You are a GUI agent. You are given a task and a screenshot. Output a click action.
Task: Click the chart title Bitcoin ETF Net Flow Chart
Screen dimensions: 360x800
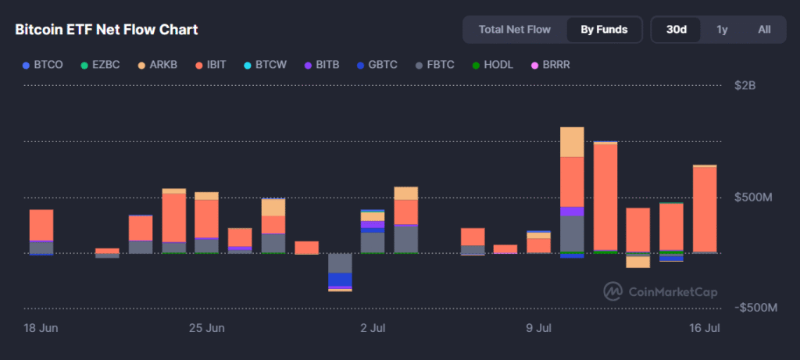(x=106, y=30)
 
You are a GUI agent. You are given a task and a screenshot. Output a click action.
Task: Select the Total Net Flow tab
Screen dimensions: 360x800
(x=514, y=30)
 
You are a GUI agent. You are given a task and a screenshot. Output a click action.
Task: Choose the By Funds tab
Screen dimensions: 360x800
(x=604, y=30)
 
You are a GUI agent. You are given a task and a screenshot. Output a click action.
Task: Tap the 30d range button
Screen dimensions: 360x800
(x=676, y=30)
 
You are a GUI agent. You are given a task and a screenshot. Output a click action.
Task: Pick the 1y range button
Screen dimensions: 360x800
(x=722, y=30)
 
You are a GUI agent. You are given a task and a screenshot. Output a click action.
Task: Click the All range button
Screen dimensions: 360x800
(x=764, y=30)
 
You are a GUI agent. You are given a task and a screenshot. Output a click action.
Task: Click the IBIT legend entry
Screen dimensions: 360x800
(x=211, y=64)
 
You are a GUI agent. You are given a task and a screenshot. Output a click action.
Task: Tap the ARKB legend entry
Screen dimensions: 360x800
(x=156, y=64)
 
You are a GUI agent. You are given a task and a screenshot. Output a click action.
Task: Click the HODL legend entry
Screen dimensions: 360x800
(x=493, y=64)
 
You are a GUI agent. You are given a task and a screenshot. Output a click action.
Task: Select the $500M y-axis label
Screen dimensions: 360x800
(x=753, y=197)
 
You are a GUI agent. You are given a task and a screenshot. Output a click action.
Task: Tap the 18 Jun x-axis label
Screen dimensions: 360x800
(x=42, y=327)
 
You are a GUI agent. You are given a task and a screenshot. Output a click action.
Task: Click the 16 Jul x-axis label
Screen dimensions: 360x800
(x=704, y=327)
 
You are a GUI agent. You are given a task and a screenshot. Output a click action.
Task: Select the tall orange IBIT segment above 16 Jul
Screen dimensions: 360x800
(x=704, y=209)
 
